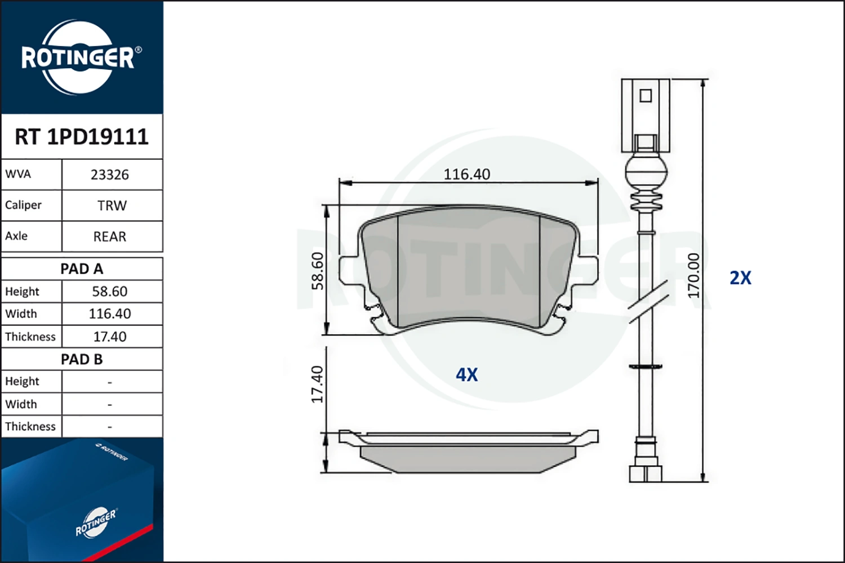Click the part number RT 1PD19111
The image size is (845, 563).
click(x=82, y=136)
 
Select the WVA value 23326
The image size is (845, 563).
click(x=110, y=175)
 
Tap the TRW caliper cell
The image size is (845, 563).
click(x=112, y=205)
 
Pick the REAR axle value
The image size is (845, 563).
click(x=110, y=236)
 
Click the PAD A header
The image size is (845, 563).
click(x=82, y=269)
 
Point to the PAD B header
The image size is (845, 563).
click(x=82, y=359)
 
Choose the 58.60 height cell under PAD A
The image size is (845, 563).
click(x=110, y=292)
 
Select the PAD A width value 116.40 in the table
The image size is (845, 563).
click(x=110, y=314)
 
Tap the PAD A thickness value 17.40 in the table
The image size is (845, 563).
click(x=110, y=337)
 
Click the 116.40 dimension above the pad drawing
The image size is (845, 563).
click(x=466, y=174)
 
